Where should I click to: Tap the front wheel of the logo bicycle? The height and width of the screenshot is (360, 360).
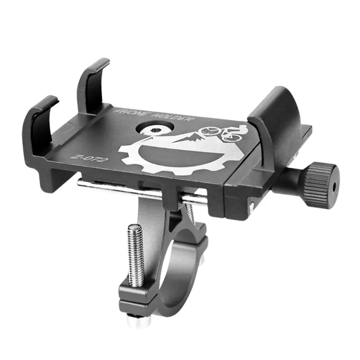pyautogui.click(x=208, y=131)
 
